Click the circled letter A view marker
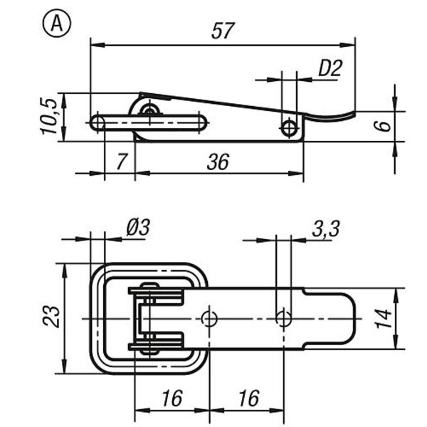pos(57,23)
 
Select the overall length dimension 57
pos(223,31)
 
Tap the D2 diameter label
pos(330,68)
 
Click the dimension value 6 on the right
pos(384,126)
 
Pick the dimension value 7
pos(121,162)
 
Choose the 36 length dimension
pos(218,162)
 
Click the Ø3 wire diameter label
pos(138,227)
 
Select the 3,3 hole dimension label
pos(326,228)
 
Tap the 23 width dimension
pos(51,317)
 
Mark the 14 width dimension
pos(384,318)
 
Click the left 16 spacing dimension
pos(172,398)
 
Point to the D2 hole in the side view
pos(289,128)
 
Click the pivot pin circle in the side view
pos(149,110)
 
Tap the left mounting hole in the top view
pos(209,318)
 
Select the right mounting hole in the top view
pos(283,318)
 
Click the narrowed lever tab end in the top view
pos(330,318)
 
